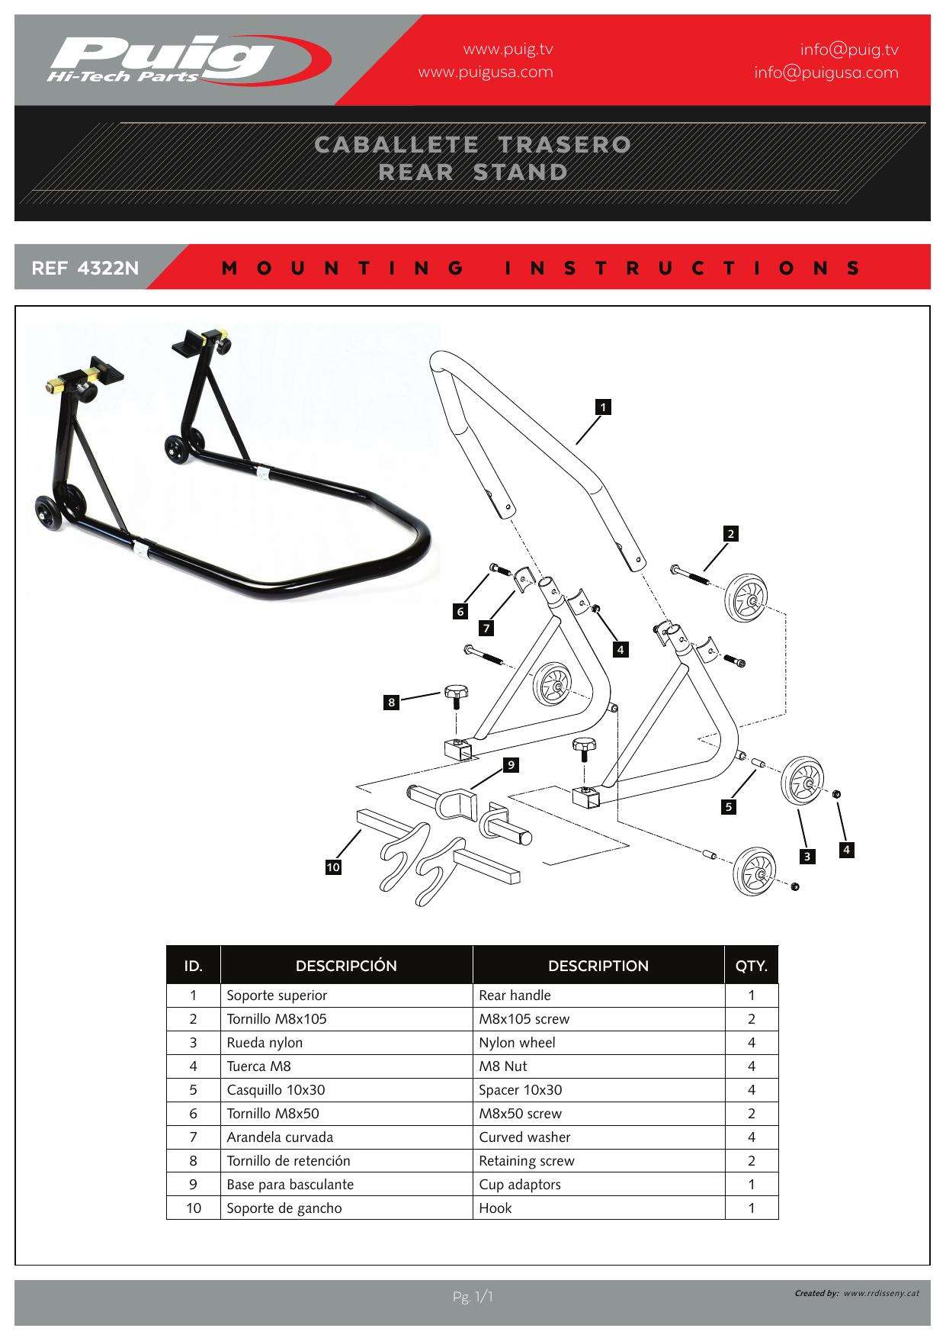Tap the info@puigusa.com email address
point(826,72)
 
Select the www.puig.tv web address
point(508,50)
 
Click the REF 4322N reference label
point(85,268)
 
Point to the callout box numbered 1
point(603,407)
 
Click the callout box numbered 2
point(731,534)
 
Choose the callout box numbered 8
point(392,702)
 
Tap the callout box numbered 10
point(333,867)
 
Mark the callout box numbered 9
point(511,764)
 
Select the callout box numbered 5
point(730,807)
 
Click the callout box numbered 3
point(807,857)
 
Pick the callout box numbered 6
point(460,611)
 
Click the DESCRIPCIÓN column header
point(346,966)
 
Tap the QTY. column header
point(751,966)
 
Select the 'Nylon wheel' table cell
point(517,1043)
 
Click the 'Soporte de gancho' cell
point(284,1208)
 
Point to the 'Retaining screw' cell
point(526,1161)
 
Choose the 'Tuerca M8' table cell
point(258,1066)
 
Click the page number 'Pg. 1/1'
point(473,1297)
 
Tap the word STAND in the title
point(521,172)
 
